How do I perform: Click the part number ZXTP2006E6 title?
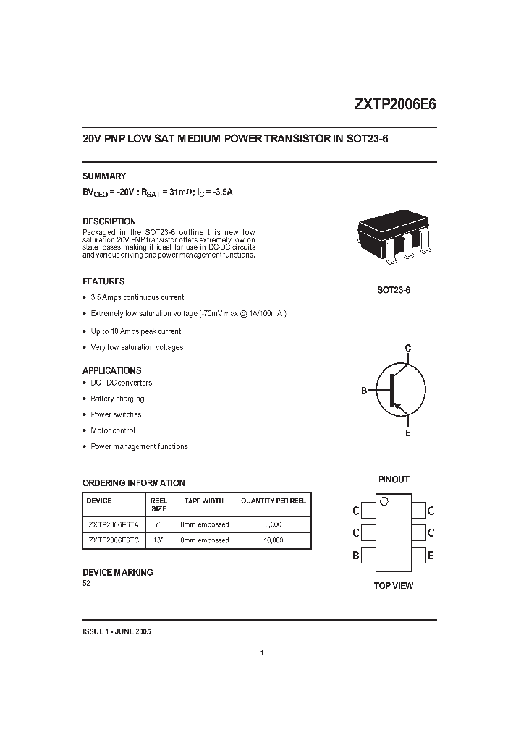(x=394, y=103)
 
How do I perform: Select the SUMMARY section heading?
(x=104, y=176)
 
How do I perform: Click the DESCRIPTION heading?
(x=109, y=221)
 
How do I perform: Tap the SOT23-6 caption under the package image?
(x=394, y=290)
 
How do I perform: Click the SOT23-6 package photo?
(x=393, y=238)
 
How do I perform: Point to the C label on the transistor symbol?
(x=408, y=349)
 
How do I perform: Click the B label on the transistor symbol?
(x=364, y=391)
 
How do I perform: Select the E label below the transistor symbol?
(x=408, y=433)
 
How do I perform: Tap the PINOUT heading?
(x=394, y=480)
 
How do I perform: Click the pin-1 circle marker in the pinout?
(x=384, y=501)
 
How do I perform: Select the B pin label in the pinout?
(x=355, y=556)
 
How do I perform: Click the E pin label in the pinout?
(x=431, y=556)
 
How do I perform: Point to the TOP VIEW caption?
(x=394, y=585)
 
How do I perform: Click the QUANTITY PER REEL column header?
(x=274, y=501)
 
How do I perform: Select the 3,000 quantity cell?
(x=273, y=524)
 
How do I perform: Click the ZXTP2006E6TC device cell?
(x=113, y=540)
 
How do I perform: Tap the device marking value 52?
(x=87, y=584)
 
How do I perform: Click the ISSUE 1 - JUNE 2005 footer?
(x=117, y=631)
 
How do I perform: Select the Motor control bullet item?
(x=112, y=430)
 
